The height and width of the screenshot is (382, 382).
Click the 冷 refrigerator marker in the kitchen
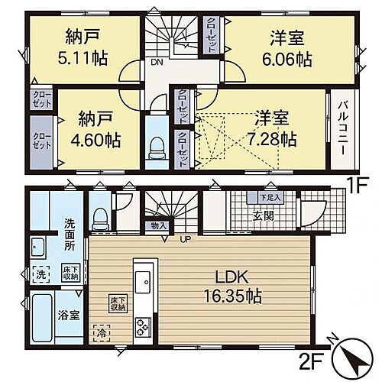[x=99, y=333]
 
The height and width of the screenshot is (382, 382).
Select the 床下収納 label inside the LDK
[x=118, y=303]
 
